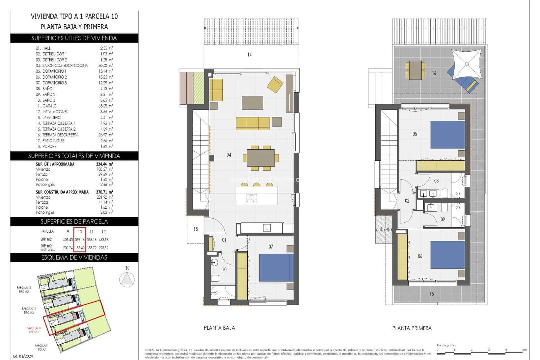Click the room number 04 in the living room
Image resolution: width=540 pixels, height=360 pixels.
tap(229, 155)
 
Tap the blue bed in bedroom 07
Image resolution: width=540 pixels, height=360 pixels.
tap(276, 267)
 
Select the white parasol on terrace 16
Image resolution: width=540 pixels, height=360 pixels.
tap(466, 63)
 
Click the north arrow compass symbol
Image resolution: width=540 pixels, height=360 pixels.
tap(127, 279)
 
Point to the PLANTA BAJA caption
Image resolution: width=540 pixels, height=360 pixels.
tap(219, 328)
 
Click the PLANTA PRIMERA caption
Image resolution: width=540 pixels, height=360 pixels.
tap(412, 328)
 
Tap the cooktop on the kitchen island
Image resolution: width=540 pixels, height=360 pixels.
tap(251, 199)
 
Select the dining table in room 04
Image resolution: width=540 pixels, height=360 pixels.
tap(261, 158)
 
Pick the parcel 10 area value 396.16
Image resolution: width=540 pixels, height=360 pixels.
tap(80, 239)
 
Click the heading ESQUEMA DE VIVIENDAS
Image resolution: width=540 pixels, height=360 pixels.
tap(74, 257)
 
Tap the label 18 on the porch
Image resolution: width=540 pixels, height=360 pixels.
tap(195, 229)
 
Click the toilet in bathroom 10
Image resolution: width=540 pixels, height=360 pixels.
tap(216, 278)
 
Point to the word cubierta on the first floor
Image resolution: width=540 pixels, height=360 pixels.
tap(384, 229)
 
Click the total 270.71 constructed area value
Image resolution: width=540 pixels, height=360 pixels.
tap(102, 192)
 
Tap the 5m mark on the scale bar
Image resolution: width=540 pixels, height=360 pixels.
tap(524, 350)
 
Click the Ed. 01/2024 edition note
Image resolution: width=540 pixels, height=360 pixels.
tap(23, 356)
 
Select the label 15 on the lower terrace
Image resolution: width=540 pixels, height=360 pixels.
tap(432, 293)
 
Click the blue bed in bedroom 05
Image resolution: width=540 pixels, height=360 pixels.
tap(448, 135)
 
